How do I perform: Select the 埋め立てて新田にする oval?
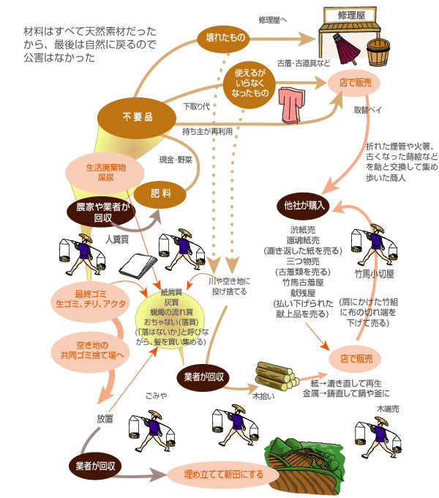coord(225,475)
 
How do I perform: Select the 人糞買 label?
coord(117,239)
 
